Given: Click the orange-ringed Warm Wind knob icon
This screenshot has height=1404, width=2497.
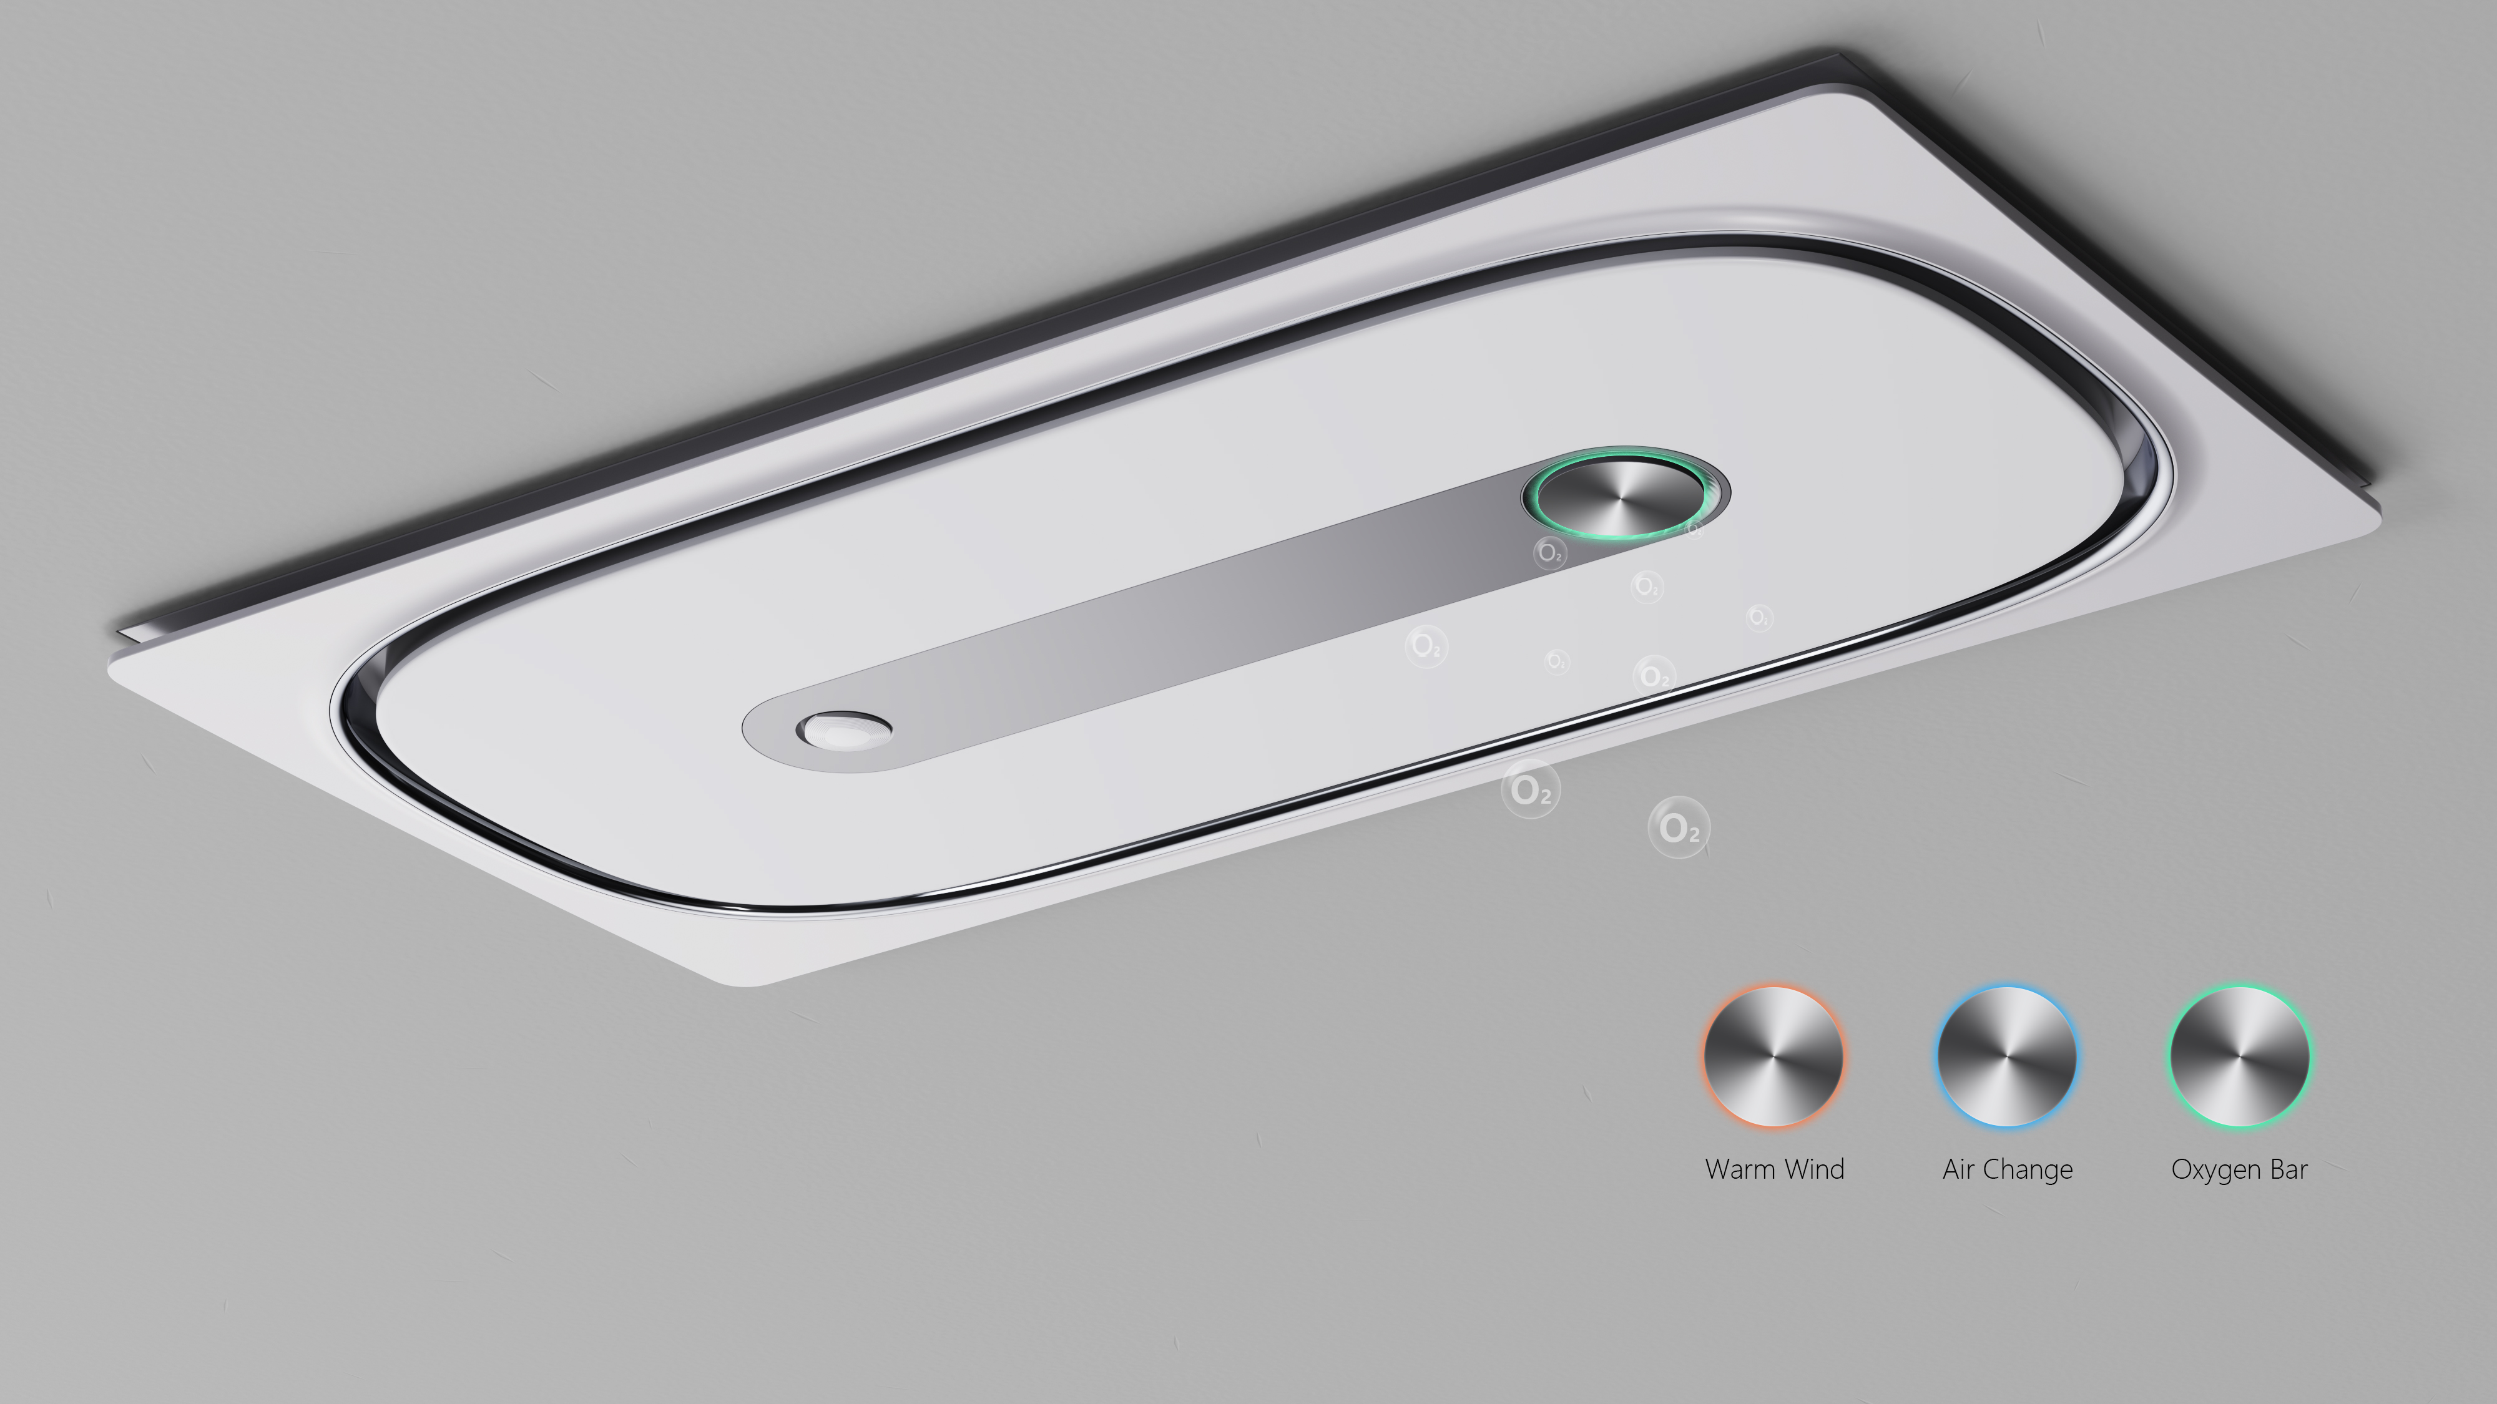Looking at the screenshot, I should (1774, 1056).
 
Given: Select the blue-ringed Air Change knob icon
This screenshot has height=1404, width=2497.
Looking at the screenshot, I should (2006, 1056).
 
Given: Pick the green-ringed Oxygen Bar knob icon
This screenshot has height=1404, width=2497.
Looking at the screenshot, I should (2239, 1056).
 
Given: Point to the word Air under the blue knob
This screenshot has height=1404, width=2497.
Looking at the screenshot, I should (1958, 1169).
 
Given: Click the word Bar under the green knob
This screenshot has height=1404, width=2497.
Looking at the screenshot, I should (2289, 1169).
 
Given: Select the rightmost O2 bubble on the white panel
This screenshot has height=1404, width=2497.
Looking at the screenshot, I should (1759, 617).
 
